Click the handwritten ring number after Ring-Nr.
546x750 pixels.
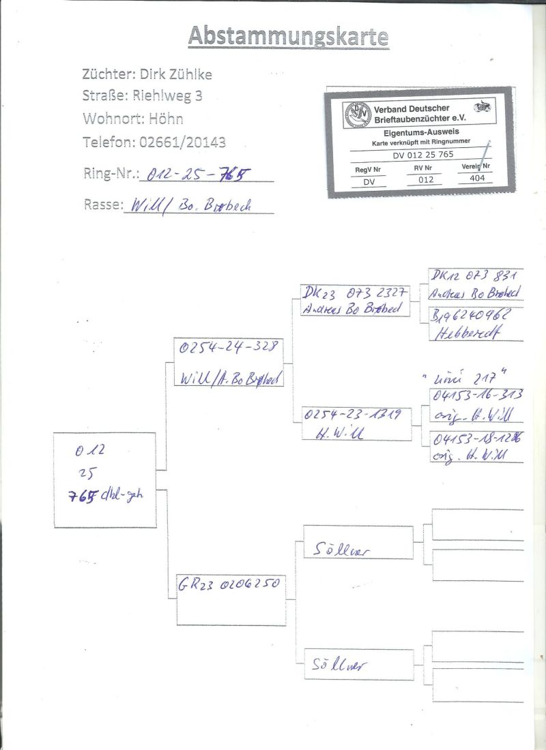click(x=193, y=175)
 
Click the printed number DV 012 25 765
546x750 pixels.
click(x=423, y=155)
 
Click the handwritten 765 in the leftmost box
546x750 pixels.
click(x=85, y=496)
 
